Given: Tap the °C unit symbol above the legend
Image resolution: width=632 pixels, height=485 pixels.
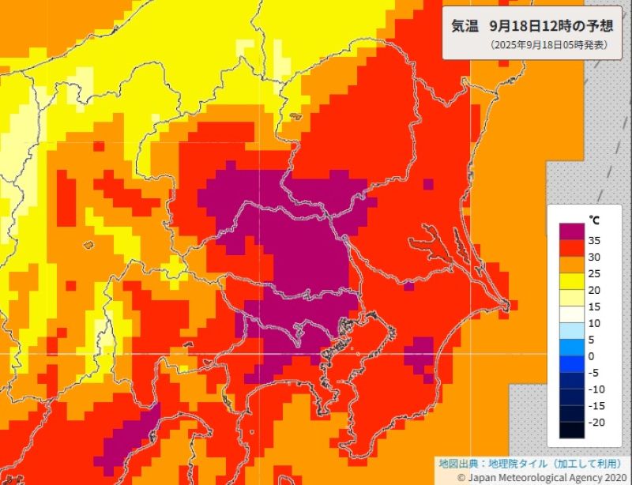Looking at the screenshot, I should pos(594,219).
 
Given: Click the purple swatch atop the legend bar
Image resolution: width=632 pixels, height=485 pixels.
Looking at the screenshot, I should pos(571,231).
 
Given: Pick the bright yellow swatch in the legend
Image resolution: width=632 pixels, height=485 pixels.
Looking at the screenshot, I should pos(571,281).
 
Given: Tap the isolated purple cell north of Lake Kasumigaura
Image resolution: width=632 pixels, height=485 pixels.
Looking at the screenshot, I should pos(427,185).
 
